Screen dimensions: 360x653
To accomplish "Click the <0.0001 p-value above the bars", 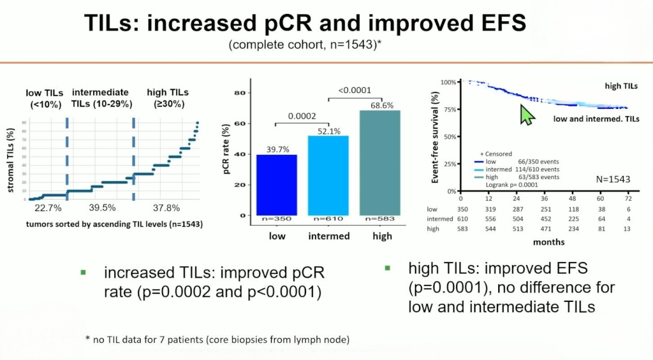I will coord(354,90).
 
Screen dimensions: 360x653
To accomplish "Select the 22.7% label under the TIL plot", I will coord(48,208).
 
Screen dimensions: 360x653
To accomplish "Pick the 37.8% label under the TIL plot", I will coord(166,208).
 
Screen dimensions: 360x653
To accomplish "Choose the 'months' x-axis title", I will coord(548,242).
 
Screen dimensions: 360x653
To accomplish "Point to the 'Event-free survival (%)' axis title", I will coord(435,137).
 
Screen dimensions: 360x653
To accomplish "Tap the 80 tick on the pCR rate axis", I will coord(239,93).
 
